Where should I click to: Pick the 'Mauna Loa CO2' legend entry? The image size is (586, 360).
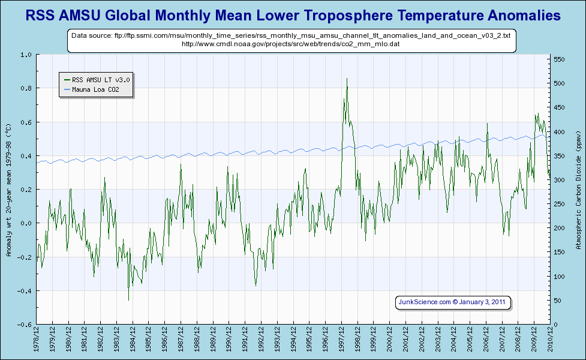pyautogui.click(x=97, y=91)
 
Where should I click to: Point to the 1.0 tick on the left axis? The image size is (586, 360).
pyautogui.click(x=26, y=55)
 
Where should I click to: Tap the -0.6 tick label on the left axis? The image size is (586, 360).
pyautogui.click(x=25, y=325)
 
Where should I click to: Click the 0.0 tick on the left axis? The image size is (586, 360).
pyautogui.click(x=26, y=223)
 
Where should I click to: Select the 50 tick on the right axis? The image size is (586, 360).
pyautogui.click(x=557, y=301)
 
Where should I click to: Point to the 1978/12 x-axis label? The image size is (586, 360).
pyautogui.click(x=37, y=341)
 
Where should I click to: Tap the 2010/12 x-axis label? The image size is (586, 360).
pyautogui.click(x=550, y=341)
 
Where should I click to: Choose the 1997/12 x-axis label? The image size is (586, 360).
pyautogui.click(x=341, y=341)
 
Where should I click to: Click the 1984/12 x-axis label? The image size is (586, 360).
pyautogui.click(x=133, y=341)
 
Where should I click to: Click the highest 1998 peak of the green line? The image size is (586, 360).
pyautogui.click(x=347, y=78)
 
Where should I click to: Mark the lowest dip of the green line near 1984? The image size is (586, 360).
pyautogui.click(x=128, y=299)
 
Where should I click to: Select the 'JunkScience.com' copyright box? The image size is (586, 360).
pyautogui.click(x=453, y=302)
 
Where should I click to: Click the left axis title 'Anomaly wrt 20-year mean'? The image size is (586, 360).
pyautogui.click(x=8, y=190)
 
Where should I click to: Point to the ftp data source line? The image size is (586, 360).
pyautogui.click(x=291, y=36)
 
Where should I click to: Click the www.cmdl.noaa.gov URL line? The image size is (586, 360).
pyautogui.click(x=291, y=44)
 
